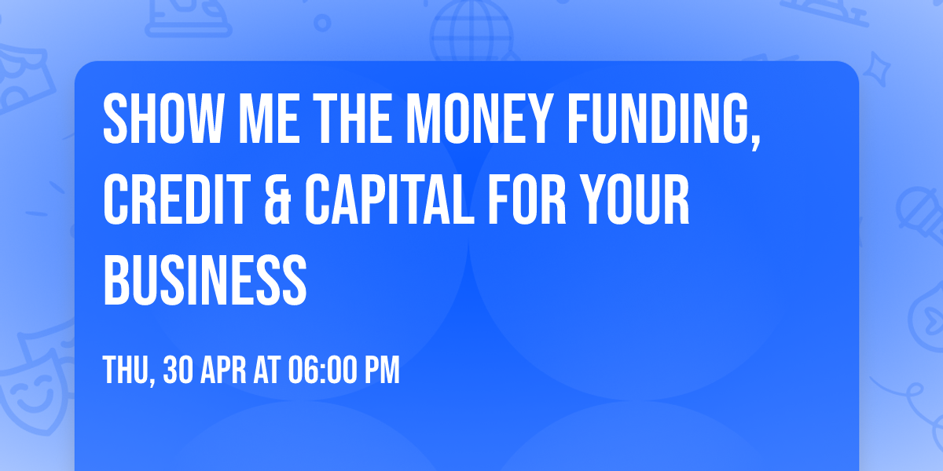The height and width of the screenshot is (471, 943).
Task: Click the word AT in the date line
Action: point(267,370)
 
